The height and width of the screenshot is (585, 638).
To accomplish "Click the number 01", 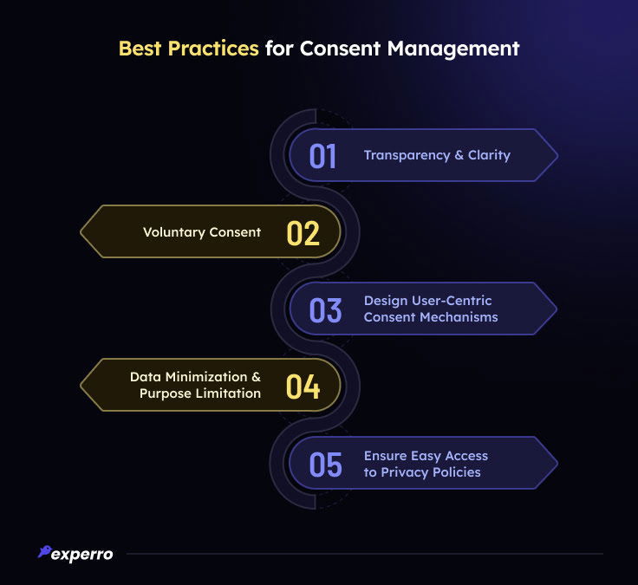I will [323, 156].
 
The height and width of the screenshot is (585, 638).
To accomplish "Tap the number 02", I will [303, 232].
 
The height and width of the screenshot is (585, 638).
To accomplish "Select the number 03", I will [325, 309].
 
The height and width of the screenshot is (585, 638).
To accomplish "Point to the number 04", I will [303, 386].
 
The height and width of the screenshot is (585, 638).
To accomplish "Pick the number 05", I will [326, 464].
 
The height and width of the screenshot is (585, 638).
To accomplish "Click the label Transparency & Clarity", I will [437, 155].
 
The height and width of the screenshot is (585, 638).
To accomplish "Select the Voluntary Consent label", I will [202, 232].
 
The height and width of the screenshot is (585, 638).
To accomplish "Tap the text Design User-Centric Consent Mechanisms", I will [431, 309].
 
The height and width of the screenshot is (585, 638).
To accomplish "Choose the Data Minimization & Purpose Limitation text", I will [195, 385].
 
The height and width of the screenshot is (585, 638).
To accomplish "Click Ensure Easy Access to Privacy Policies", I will [426, 464].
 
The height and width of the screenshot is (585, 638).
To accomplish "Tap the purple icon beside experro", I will [44, 551].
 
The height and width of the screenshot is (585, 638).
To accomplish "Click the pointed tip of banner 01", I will [557, 156].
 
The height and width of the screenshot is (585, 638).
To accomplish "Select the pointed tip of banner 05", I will [557, 464].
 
